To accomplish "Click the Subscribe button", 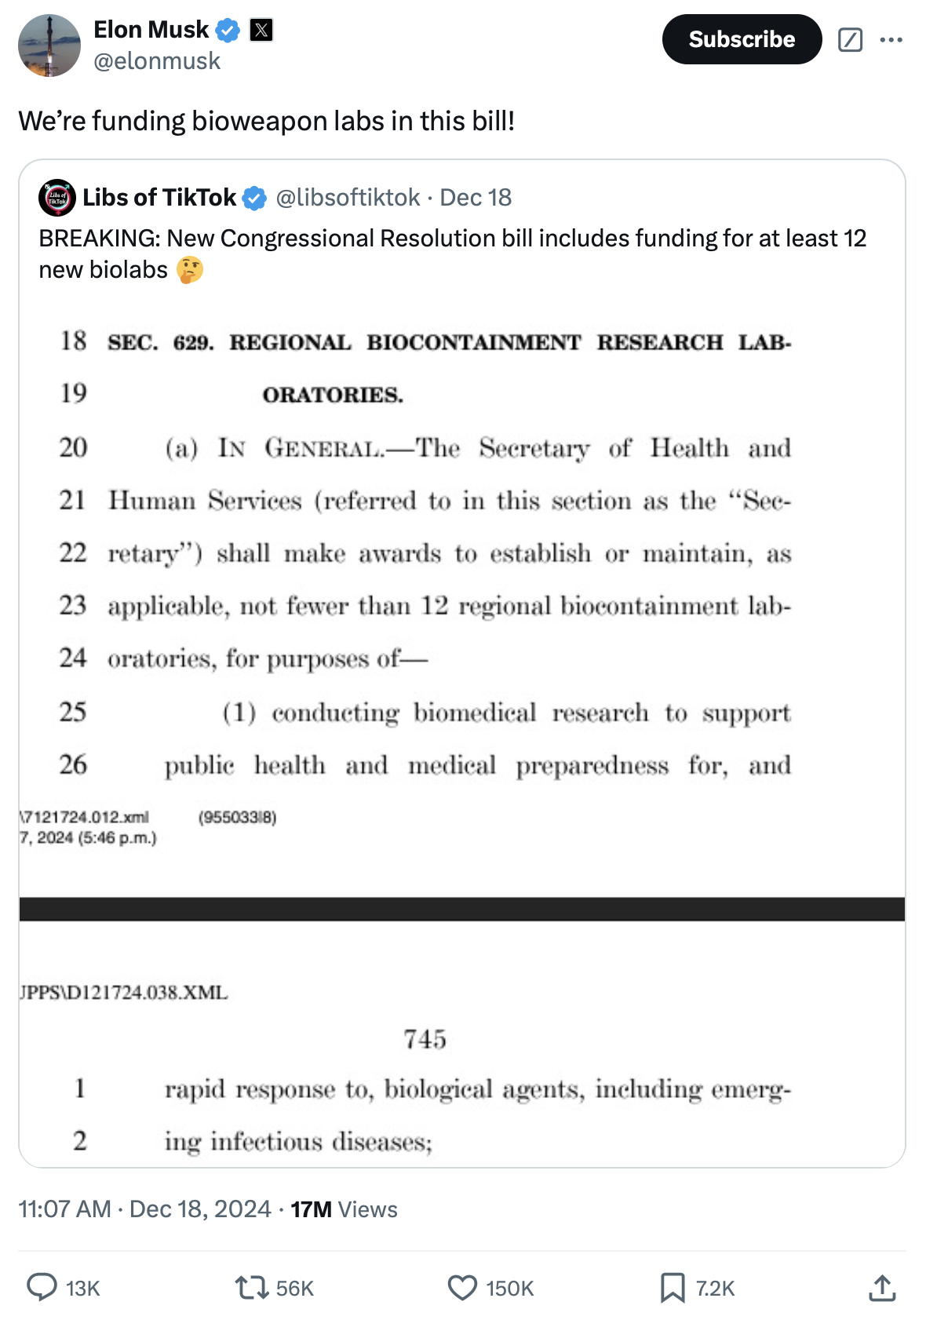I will [x=742, y=39].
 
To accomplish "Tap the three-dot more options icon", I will [x=891, y=39].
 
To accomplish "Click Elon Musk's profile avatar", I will [x=49, y=46].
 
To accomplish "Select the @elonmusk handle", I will [x=157, y=61].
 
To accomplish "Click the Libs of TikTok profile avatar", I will [x=57, y=198].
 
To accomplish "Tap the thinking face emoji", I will [x=190, y=270].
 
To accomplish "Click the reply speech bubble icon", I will [x=42, y=1287].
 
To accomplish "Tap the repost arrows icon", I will [x=252, y=1287].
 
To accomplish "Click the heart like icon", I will [x=462, y=1287].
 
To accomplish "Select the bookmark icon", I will [x=673, y=1287].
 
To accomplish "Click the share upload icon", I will [x=883, y=1287].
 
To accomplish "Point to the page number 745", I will [x=425, y=1039].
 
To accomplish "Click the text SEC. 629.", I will [x=160, y=343].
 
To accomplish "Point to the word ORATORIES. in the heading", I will [x=333, y=395].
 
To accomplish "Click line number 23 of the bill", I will [x=72, y=605].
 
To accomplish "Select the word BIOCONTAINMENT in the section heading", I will [x=474, y=343].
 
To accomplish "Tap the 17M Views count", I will [x=344, y=1209].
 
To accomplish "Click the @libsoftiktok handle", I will [x=348, y=198].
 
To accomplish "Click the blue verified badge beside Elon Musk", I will [x=228, y=31].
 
